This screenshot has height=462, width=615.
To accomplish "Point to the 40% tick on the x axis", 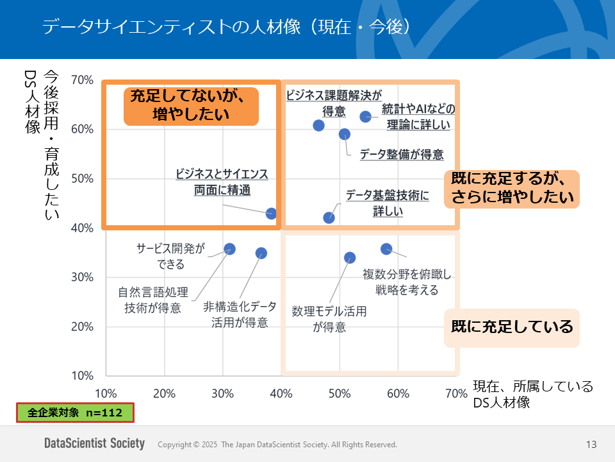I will coord(281,393).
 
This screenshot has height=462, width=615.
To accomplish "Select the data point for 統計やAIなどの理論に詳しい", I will coord(366,117).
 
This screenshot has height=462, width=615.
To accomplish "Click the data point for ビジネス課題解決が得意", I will coord(319,125).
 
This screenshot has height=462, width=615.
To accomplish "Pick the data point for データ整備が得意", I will coord(345,134).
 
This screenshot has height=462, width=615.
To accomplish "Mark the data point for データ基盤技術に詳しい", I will coord(329,218).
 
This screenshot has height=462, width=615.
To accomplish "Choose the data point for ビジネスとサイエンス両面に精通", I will coord(272,214).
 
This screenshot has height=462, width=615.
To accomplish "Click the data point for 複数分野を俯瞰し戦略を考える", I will coord(386,249).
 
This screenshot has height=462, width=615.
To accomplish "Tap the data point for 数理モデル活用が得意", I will coord(350,258).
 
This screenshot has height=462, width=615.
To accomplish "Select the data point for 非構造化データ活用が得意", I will coord(261,253).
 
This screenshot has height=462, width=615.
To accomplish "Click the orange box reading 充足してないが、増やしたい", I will coord(190,105).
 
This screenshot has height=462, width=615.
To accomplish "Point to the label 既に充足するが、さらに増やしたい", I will coord(511,189).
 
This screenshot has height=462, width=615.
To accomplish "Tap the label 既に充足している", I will coord(511,327).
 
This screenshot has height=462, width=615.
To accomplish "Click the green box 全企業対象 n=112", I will coord(75,413).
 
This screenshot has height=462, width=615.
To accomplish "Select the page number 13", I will coord(591,445).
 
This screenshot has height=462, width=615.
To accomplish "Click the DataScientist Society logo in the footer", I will coord(94,444).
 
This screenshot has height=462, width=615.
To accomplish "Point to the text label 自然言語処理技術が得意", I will coord(153,300).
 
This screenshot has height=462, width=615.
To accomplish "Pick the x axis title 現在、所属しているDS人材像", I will coord(532,395).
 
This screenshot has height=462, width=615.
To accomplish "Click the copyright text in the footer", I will coord(277,445).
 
